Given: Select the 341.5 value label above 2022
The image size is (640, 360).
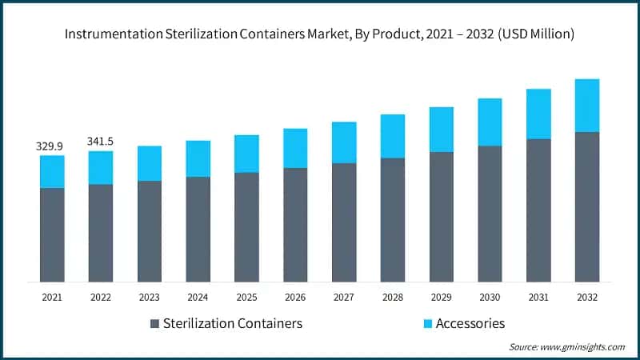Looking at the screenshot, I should [101, 142].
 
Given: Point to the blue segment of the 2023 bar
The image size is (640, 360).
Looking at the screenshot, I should [150, 163].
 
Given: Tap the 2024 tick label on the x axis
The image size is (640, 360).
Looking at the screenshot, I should [198, 297].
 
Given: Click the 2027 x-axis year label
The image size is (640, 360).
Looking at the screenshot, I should [344, 297].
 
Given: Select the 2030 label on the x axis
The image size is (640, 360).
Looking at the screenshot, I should [490, 297].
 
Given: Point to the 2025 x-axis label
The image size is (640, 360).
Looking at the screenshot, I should [246, 297].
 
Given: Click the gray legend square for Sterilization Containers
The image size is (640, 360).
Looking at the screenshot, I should [154, 324].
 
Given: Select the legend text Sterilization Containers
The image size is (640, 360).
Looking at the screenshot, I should [232, 324].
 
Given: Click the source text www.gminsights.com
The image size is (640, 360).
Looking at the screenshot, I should [583, 347].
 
